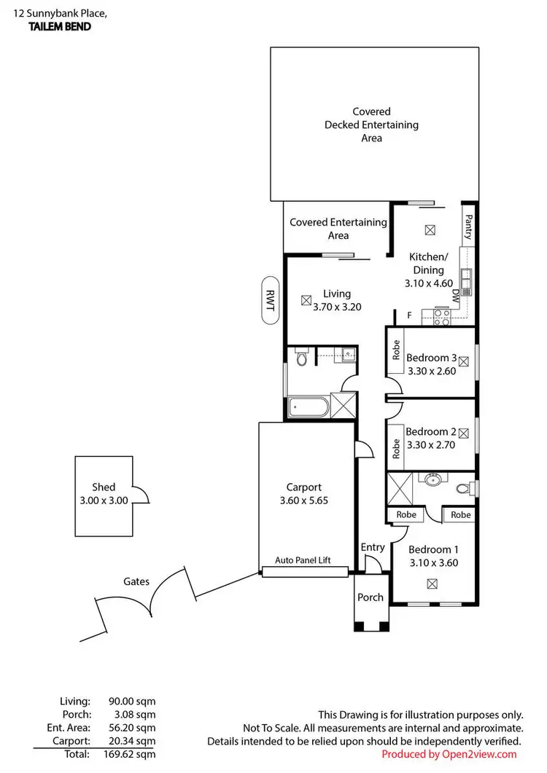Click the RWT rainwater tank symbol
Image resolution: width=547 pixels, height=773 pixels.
(269, 299)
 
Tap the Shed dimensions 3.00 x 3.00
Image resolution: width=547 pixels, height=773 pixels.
(104, 501)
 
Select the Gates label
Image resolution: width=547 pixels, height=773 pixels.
(136, 581)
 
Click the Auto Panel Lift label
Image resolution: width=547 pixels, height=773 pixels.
(303, 560)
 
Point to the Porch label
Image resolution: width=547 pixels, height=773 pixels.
(371, 597)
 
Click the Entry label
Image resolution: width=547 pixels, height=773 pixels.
(373, 547)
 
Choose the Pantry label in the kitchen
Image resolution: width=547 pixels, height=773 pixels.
(468, 227)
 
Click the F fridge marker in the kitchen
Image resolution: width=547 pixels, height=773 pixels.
(409, 315)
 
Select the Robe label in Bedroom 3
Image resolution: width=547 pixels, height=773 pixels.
(396, 350)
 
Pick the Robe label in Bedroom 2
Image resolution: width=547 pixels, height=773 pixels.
(396, 448)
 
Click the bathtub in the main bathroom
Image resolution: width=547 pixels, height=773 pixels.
(309, 406)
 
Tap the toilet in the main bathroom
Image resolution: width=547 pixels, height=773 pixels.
(301, 358)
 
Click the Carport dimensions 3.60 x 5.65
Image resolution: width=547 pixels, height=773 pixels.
(304, 501)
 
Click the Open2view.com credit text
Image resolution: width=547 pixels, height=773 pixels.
(449, 754)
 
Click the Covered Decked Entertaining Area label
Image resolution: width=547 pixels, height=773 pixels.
(371, 125)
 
